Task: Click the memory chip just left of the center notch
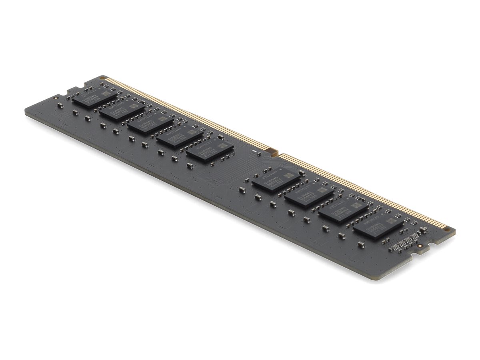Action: click(x=210, y=150)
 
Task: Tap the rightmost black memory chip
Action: click(x=378, y=227)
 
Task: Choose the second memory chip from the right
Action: click(x=344, y=211)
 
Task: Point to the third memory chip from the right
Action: click(x=310, y=195)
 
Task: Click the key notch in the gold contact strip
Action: click(x=273, y=152)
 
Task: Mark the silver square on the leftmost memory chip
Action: click(x=105, y=93)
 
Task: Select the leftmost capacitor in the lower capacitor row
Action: click(x=60, y=105)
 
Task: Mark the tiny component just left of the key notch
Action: click(x=254, y=151)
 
